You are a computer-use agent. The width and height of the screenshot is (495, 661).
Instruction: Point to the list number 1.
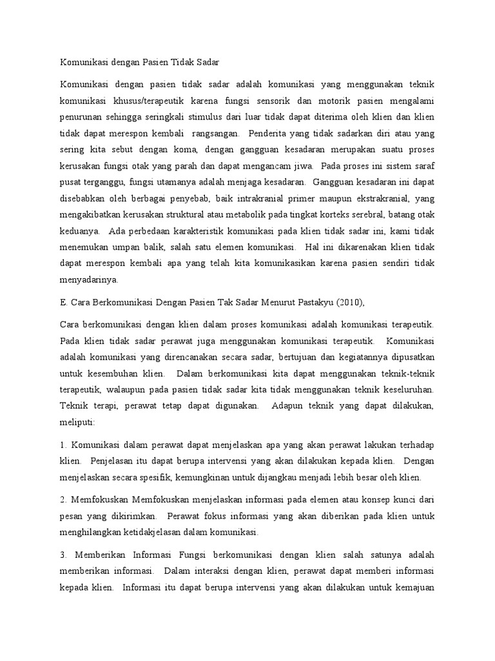tap(63, 445)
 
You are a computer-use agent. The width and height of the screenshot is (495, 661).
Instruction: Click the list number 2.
tap(63, 499)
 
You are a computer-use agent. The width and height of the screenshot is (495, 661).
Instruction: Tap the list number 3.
tap(63, 554)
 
